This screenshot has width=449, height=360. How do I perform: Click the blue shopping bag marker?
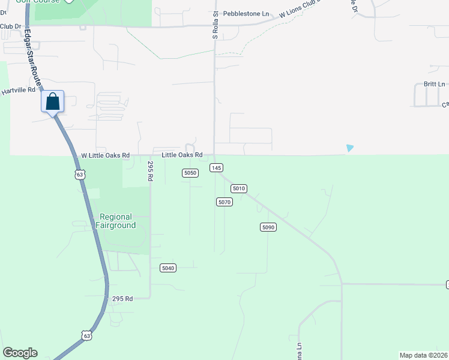tap(53, 101)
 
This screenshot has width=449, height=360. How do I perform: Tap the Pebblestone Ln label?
tap(246, 13)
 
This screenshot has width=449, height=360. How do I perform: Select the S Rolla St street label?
tap(215, 25)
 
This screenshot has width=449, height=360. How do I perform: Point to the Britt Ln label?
tap(434, 84)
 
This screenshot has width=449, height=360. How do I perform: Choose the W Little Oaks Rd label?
tap(106, 155)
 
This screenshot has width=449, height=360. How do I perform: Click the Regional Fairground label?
tap(116, 221)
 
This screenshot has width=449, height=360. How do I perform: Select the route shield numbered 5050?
tap(190, 173)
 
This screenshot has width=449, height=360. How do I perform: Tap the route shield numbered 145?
tap(217, 167)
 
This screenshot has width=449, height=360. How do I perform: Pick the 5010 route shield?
tap(239, 188)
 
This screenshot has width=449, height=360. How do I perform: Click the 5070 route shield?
tap(224, 202)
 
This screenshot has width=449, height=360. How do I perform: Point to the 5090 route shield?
tap(268, 227)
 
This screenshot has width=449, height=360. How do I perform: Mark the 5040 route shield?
tap(168, 268)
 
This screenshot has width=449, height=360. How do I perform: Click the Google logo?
tap(20, 353)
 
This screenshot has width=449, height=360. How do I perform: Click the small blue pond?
tap(350, 148)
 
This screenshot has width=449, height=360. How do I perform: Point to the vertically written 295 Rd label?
tap(151, 172)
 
